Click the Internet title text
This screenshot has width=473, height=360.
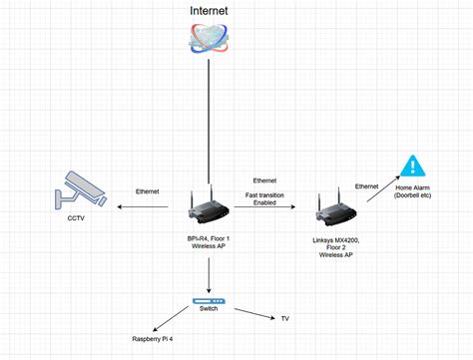pyautogui.click(x=209, y=11)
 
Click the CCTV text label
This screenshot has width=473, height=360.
pyautogui.click(x=76, y=217)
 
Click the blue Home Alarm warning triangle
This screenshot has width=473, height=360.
pyautogui.click(x=410, y=168)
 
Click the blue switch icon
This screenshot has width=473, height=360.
pyautogui.click(x=210, y=300)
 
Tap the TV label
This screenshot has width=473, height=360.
pyautogui.click(x=284, y=319)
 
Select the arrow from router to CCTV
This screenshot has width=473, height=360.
pyautogui.click(x=151, y=207)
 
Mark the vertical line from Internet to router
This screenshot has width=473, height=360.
pyautogui.click(x=209, y=120)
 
